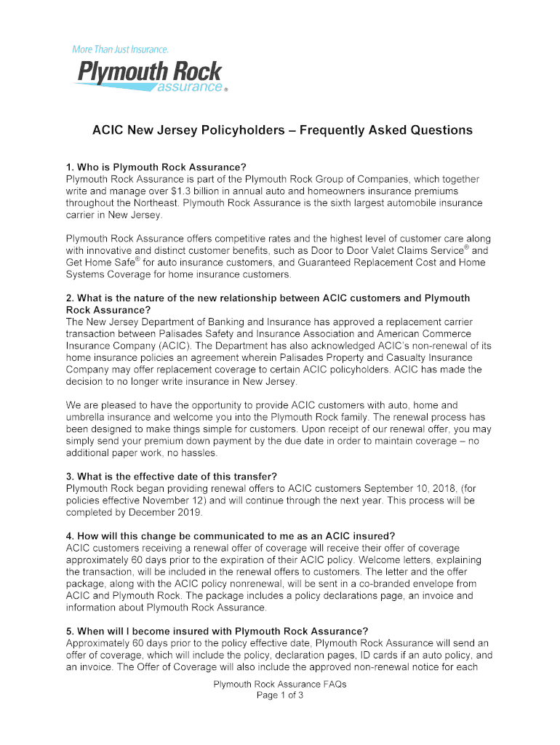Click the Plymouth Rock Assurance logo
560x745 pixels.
tap(149, 76)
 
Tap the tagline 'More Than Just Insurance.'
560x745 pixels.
tap(120, 49)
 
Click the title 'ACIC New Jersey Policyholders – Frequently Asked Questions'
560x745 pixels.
tap(282, 130)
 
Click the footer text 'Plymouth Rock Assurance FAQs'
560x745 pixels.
tap(279, 685)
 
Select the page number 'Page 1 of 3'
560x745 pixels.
tap(279, 696)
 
